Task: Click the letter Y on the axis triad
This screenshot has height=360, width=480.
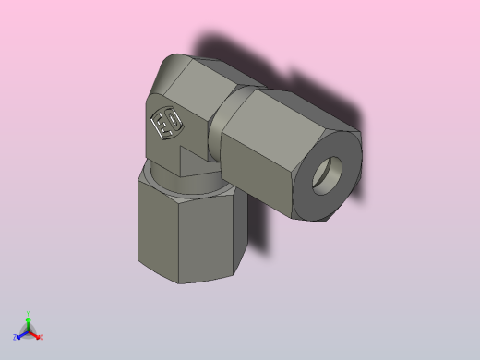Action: (x=29, y=314)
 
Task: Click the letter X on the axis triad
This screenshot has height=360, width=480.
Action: (x=42, y=337)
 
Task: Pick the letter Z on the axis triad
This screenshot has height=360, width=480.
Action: (x=15, y=338)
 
